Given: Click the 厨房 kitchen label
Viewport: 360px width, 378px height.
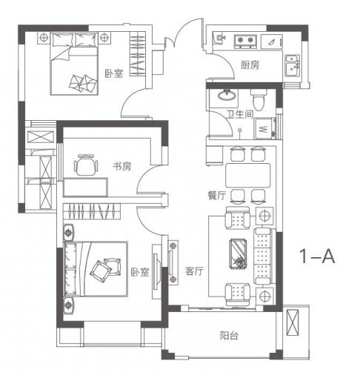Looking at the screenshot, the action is [x=250, y=65].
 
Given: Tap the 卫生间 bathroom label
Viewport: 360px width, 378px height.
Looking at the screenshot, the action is [x=240, y=114].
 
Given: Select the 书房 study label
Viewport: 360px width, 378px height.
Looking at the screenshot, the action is [x=122, y=166].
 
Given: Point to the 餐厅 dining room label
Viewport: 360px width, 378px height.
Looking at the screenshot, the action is [x=216, y=196].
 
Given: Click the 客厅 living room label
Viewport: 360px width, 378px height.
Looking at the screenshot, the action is [x=194, y=271].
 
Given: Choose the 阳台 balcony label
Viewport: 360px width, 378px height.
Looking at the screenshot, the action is [x=229, y=336].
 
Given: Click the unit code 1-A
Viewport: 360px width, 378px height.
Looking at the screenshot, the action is [x=317, y=256].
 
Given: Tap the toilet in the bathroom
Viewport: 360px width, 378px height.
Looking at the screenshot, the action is [x=259, y=99].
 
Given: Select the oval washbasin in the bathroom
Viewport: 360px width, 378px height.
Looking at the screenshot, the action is [x=227, y=95].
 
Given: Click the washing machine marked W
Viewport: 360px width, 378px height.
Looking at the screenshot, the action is [x=264, y=128].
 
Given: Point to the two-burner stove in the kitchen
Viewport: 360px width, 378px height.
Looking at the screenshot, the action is [x=245, y=42].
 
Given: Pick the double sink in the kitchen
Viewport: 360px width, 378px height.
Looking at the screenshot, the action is [x=293, y=65].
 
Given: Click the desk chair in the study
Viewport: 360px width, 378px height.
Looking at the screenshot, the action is [x=86, y=165].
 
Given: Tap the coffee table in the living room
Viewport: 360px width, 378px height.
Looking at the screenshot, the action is [x=238, y=253].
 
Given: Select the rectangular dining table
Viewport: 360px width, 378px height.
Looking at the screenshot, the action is [x=247, y=175].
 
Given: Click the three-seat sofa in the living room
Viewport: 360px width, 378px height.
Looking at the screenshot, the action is [x=264, y=256].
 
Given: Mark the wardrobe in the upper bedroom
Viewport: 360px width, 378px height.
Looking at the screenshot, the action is [x=138, y=54].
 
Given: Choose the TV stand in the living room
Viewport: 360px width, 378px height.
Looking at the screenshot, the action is [x=173, y=262].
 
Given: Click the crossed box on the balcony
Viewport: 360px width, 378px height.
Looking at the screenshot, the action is [x=293, y=322].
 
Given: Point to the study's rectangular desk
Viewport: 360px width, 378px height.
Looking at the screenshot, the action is [x=85, y=187].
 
